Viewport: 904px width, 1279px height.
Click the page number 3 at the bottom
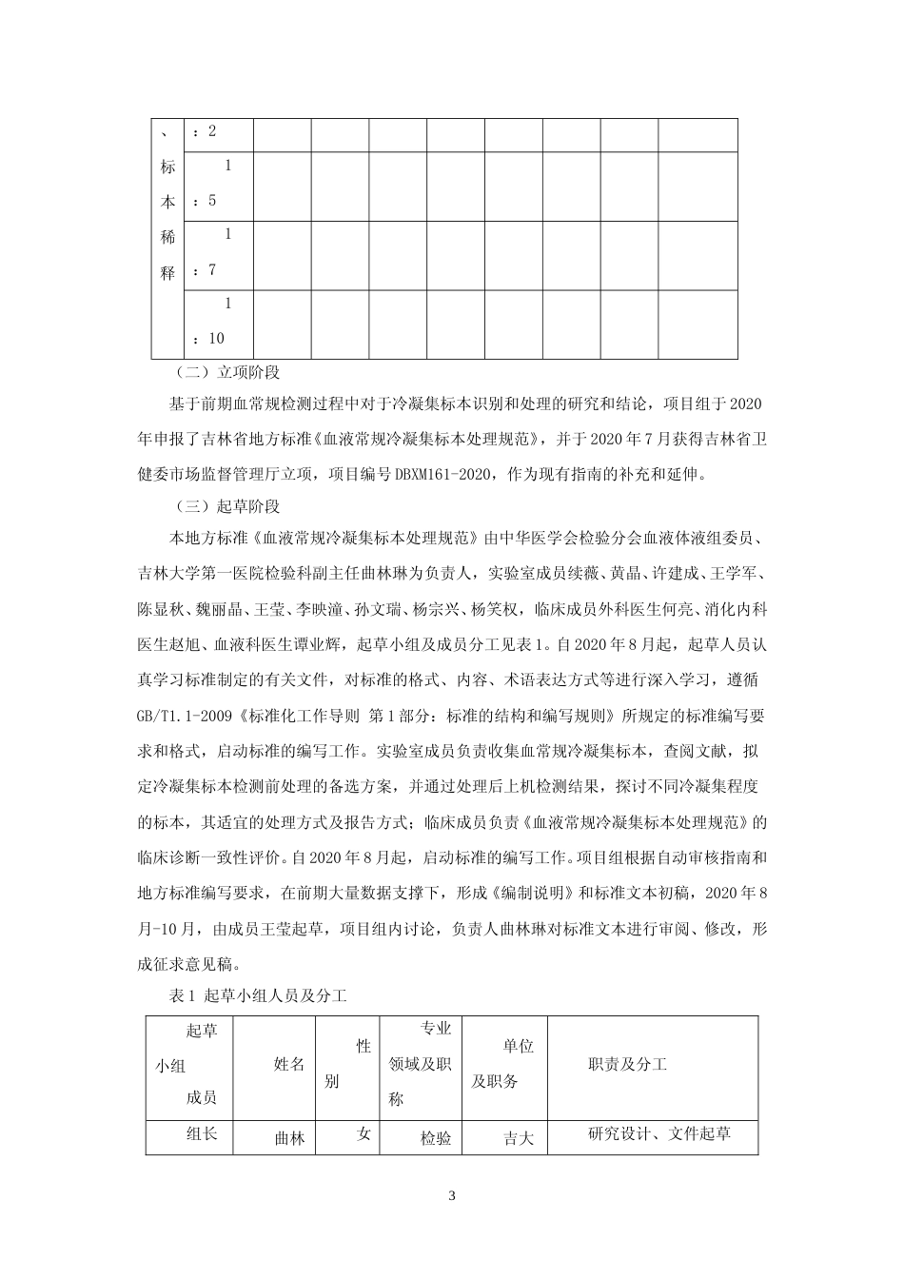452,1195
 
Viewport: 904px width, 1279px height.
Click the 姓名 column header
289,1064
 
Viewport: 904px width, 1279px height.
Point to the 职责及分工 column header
628,1064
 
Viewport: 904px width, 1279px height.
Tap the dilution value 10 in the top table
216,338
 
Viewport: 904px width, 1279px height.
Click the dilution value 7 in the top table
212,269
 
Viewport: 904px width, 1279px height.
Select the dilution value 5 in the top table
212,200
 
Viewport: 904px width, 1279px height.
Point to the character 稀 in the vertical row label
167,238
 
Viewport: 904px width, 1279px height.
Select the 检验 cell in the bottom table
436,1137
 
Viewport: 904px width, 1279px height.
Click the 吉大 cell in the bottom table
519,1137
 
